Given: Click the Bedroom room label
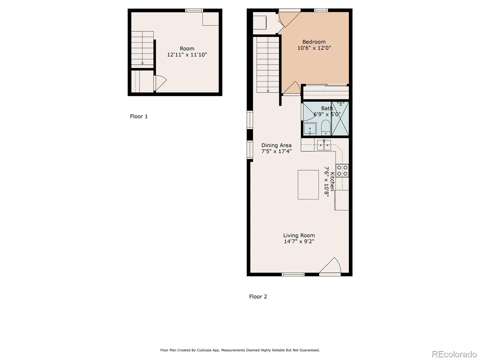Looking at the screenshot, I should pos(314,42).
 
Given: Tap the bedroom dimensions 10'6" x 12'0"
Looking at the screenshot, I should pos(314,48).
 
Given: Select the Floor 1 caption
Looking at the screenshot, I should pos(139,116).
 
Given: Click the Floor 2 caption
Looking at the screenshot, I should pos(258,297).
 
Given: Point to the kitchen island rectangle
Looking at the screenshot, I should pos(308,184).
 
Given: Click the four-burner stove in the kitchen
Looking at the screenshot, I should pos(342,170).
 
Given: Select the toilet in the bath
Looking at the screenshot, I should pos(326,128).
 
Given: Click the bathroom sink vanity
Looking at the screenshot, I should pos(310,129).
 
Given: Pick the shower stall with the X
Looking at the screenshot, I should pos(340,119).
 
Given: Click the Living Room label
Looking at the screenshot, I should pos(299,235).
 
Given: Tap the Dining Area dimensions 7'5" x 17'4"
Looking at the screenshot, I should pos(276,151).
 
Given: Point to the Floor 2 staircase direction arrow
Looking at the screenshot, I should pos(268,91).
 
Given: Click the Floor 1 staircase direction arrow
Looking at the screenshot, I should pos(142,63).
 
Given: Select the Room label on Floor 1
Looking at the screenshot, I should pos(187,49).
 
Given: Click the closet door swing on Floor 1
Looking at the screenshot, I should pos(160,83).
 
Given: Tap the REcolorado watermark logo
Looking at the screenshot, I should pos(454,354).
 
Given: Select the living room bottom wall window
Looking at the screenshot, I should pos(293,274).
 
